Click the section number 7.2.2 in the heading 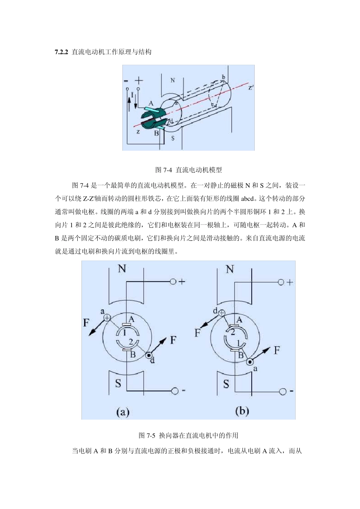pyautogui.click(x=61, y=52)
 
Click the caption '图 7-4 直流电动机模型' pyautogui.click(x=188, y=170)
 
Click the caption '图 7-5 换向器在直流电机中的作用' pyautogui.click(x=188, y=436)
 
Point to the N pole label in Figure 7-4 pyautogui.click(x=172, y=80)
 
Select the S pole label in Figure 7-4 pyautogui.click(x=173, y=138)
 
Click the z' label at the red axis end pyautogui.click(x=251, y=87)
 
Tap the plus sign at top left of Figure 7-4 pyautogui.click(x=139, y=80)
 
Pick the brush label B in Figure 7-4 pyautogui.click(x=156, y=133)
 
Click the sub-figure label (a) pyautogui.click(x=123, y=412)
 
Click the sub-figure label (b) pyautogui.click(x=242, y=411)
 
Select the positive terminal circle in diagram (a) pyautogui.click(x=173, y=282)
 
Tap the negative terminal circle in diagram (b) pyautogui.click(x=282, y=392)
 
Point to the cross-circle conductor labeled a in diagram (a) pyautogui.click(x=107, y=318)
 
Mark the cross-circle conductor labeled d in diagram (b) pyautogui.click(x=222, y=313)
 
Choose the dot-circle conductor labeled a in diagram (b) pyautogui.click(x=250, y=362)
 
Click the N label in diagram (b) pyautogui.click(x=230, y=269)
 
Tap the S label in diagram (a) pyautogui.click(x=118, y=384)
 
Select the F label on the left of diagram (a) pyautogui.click(x=86, y=323)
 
